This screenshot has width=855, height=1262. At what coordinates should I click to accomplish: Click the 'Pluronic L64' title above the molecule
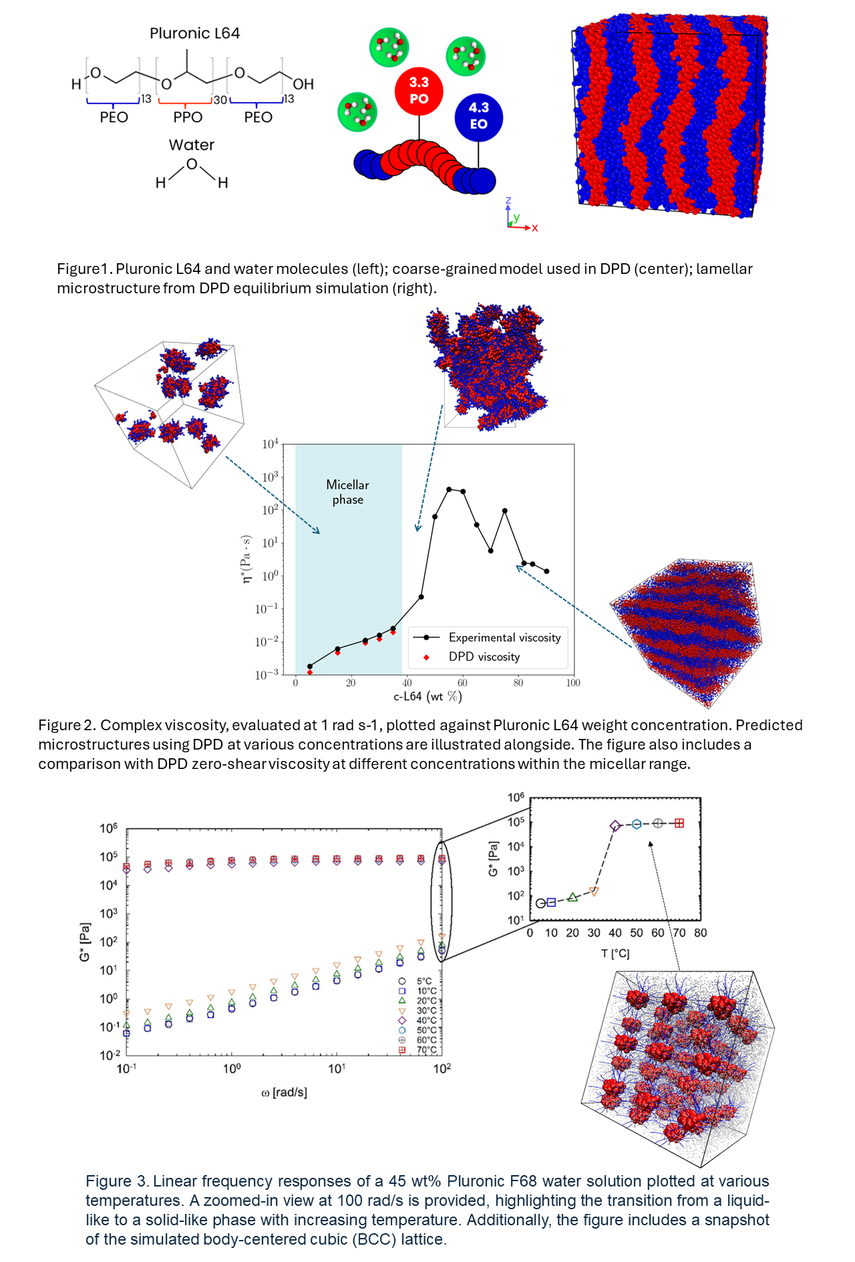point(194,33)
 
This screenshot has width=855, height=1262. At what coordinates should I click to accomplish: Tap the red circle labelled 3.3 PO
point(419,91)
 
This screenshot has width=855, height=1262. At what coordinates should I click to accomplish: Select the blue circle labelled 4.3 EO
point(478,117)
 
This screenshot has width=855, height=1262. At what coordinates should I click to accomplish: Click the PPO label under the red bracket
point(188,118)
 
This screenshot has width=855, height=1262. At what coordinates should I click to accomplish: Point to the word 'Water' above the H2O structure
point(192,145)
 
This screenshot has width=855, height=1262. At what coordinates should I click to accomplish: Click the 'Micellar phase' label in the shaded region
point(347,492)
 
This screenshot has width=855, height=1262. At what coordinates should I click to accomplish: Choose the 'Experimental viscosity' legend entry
point(504,638)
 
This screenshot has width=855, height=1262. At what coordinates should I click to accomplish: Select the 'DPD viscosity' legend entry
point(484,657)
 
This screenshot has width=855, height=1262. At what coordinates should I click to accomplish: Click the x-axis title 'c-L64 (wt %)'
point(427,697)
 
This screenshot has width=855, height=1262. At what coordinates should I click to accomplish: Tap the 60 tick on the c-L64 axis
point(462,683)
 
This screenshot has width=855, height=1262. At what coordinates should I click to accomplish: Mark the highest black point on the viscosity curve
point(449,489)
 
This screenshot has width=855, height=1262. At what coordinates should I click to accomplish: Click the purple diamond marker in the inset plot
point(615,826)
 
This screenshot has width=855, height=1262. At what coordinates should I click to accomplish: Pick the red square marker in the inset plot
point(679,823)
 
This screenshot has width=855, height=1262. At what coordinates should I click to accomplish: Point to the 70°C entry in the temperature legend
point(426,1050)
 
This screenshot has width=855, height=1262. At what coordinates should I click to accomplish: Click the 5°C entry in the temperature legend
point(423,981)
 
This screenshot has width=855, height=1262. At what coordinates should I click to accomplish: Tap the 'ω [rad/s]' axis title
point(284,1092)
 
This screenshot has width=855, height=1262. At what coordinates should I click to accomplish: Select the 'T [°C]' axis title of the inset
point(615,953)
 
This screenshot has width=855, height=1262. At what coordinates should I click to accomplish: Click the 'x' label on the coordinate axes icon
point(535,228)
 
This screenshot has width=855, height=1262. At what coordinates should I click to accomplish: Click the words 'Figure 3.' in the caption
point(116,1181)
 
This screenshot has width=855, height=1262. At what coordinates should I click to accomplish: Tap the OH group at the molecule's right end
point(303,84)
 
